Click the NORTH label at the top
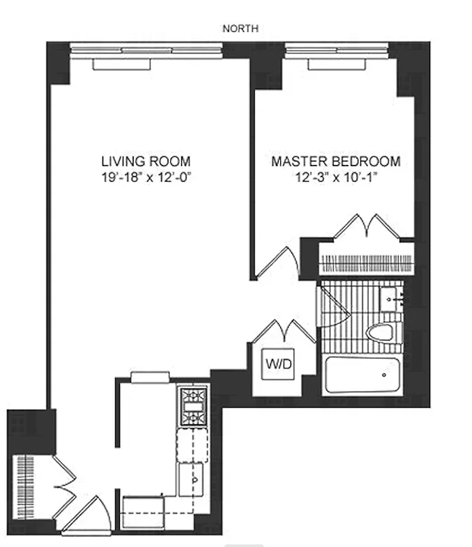click(x=240, y=28)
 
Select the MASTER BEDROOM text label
click(x=335, y=162)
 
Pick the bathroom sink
click(x=391, y=299)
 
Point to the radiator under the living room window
click(x=121, y=64)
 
